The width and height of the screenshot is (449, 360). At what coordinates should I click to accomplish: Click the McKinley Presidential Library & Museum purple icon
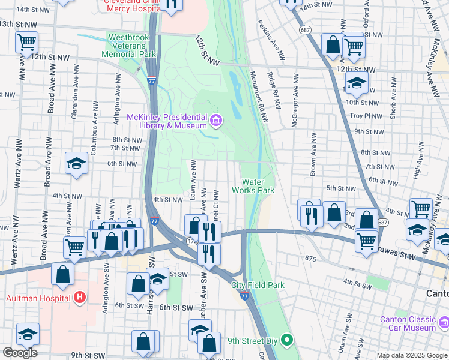coord(215,121)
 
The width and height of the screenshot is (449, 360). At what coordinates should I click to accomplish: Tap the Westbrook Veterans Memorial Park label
coord(132,46)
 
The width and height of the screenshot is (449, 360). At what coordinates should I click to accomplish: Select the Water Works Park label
coord(258,186)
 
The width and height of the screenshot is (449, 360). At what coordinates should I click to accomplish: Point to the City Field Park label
coord(258,285)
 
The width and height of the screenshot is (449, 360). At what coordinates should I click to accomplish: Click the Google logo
coord(20,352)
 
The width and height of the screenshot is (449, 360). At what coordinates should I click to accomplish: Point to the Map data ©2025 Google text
coord(411,355)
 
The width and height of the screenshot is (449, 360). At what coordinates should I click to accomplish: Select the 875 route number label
coord(310,258)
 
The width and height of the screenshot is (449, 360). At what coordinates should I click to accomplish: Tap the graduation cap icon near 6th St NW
coord(76,164)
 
